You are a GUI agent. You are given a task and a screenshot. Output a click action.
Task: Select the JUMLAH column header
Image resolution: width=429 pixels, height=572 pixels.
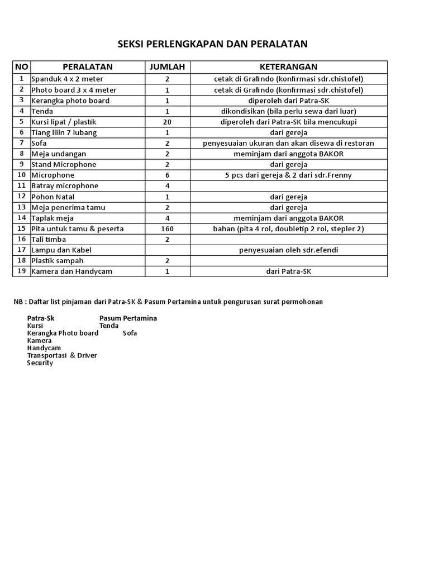point(166,67)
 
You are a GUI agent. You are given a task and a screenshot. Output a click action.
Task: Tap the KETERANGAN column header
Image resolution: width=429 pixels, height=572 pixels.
point(288,67)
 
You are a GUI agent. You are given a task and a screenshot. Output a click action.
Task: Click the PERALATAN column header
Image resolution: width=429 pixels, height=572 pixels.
point(88,67)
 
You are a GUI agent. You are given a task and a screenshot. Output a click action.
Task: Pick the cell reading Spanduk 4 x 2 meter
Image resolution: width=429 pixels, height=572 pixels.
point(67,79)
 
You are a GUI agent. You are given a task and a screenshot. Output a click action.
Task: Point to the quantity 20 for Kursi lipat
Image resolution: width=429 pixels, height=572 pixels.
point(166,122)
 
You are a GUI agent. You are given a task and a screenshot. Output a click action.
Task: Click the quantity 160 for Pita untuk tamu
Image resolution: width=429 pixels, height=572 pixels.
point(166,229)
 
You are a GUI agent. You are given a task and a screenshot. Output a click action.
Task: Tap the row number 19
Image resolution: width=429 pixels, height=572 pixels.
point(22,271)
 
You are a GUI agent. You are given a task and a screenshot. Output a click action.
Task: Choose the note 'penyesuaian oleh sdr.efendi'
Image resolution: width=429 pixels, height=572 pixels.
point(288,250)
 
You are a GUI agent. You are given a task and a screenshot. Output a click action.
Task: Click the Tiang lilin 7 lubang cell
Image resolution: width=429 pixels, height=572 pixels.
point(64,132)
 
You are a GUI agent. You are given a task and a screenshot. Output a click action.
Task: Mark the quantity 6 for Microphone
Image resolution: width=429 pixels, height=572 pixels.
point(166,175)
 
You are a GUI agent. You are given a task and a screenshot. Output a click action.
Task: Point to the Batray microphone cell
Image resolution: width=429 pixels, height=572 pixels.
point(65,186)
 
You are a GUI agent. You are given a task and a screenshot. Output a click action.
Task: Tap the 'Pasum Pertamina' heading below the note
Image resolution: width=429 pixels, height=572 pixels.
point(128,318)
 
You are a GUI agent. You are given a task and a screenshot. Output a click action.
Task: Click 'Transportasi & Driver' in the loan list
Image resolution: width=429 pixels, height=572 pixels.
point(62,356)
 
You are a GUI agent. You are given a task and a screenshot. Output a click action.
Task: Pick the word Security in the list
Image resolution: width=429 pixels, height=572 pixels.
point(40,363)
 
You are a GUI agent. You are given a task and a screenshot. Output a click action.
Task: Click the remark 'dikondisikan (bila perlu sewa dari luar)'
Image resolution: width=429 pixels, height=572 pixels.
point(288,111)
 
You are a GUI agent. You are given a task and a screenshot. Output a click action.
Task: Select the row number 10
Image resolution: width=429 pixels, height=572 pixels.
point(22,175)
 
